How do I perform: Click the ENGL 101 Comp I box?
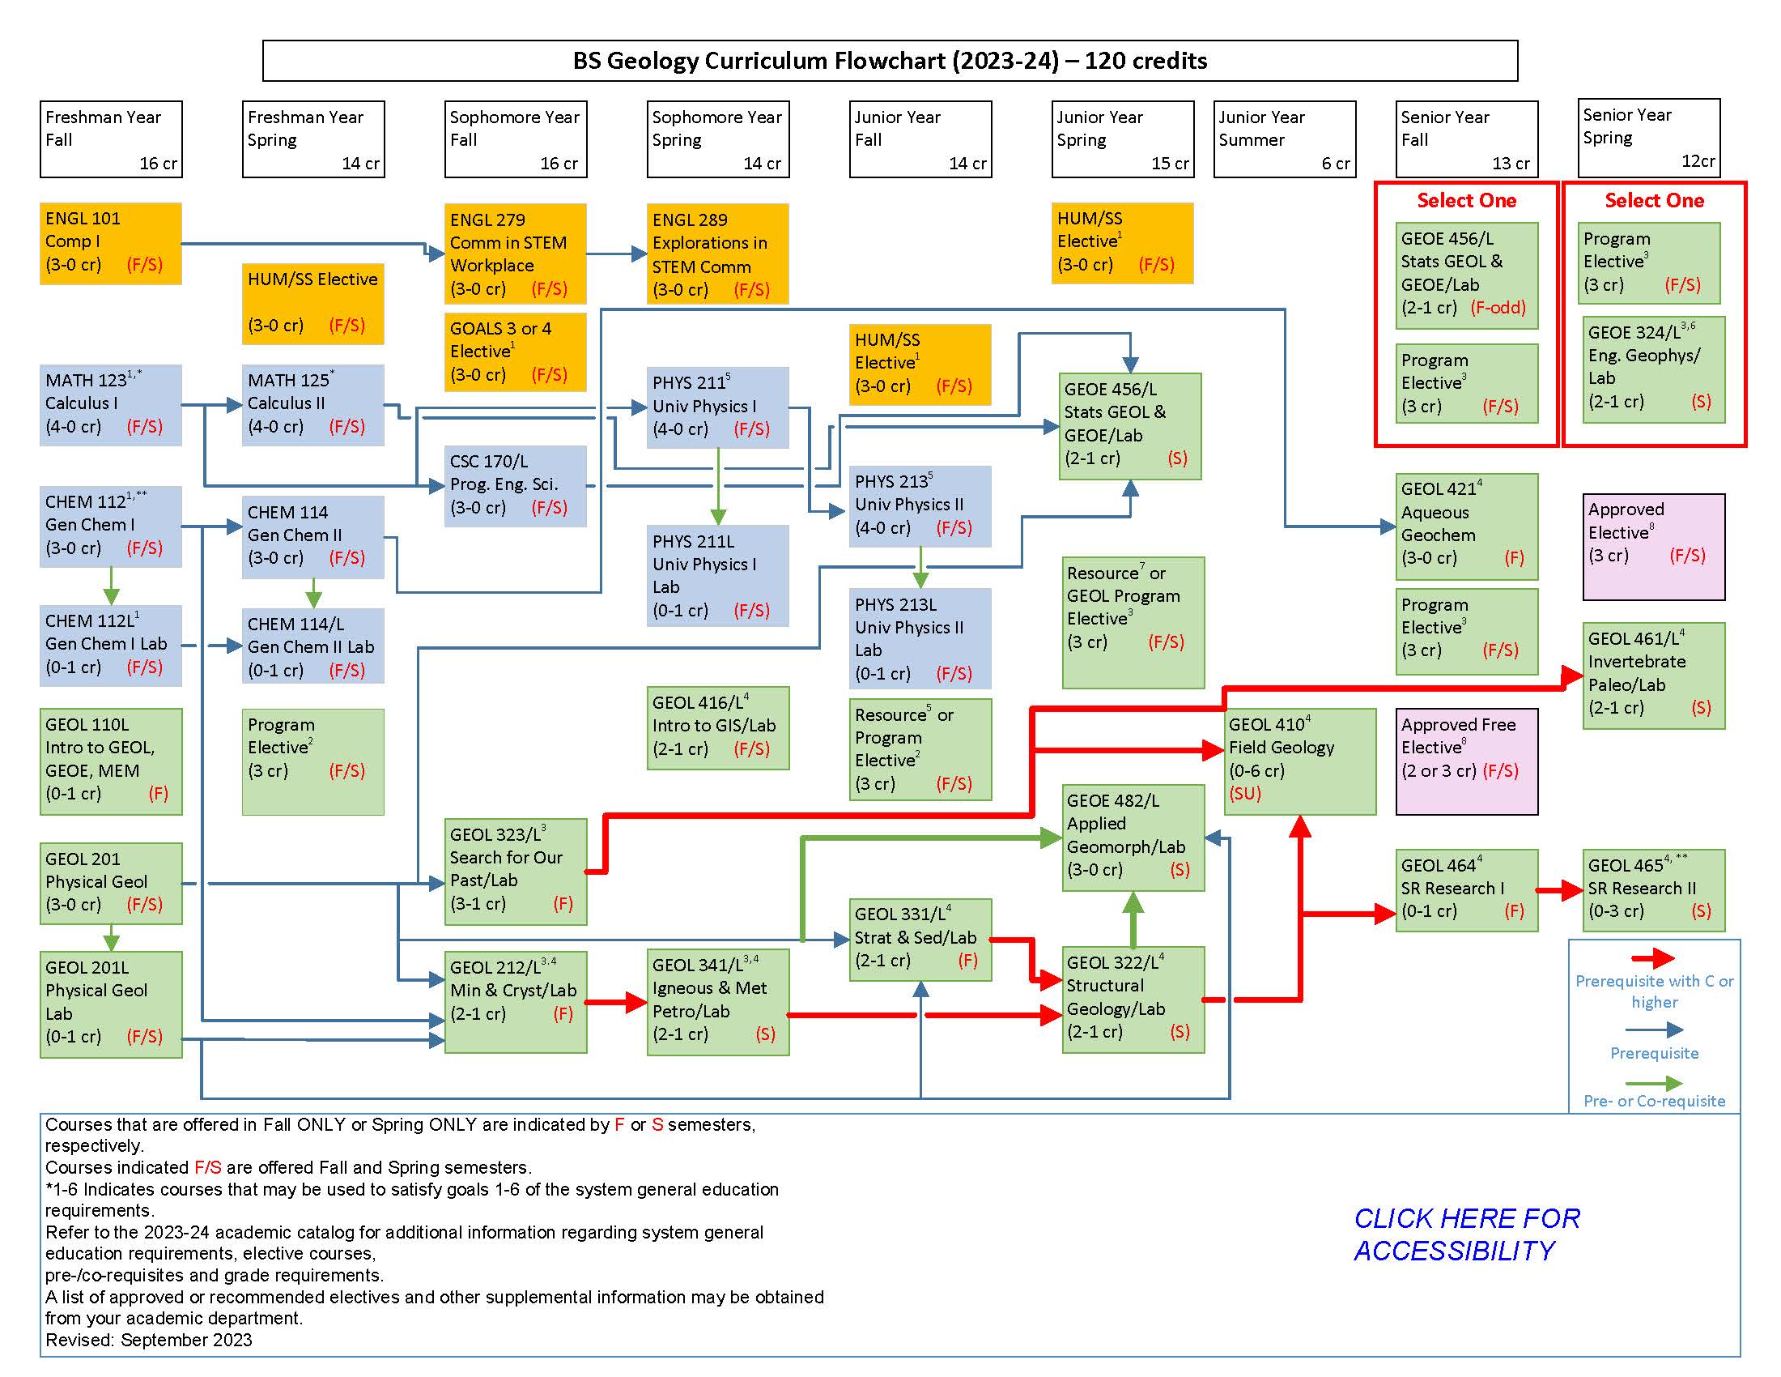[110, 243]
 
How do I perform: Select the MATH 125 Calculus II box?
[312, 405]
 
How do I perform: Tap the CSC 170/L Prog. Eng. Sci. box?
[515, 485]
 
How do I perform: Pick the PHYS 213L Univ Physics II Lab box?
[920, 638]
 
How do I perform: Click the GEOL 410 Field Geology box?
[1300, 761]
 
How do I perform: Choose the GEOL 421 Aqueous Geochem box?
[1466, 526]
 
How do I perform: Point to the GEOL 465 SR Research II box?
[1653, 889]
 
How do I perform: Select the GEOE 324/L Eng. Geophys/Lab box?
[1653, 369]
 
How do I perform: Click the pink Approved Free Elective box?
[1466, 761]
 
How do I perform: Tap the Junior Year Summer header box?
[1285, 139]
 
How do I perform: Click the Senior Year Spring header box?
[1649, 137]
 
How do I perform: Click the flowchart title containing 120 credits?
[889, 61]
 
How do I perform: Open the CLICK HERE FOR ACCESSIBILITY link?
[1466, 1234]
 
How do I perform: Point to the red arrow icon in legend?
[1653, 958]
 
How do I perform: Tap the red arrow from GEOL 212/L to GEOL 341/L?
[617, 1002]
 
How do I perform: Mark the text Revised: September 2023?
[148, 1340]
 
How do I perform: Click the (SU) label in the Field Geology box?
[1244, 793]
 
